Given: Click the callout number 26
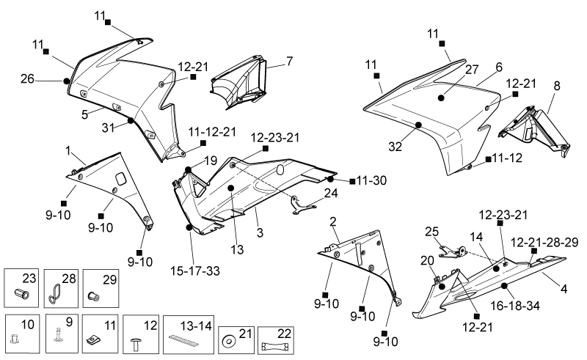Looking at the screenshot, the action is pos(27,79).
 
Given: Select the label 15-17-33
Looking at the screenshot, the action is pos(195,271).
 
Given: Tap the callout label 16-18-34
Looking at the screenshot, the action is pos(515,306).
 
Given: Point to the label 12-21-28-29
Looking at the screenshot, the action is pos(544,242).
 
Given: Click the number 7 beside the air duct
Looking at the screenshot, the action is pos(289,61).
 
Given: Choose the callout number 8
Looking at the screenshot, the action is pos(557,86).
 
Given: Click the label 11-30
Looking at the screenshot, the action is pos(371,180).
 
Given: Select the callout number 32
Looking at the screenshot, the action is pos(395,147).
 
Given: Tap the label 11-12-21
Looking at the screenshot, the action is pos(212,132).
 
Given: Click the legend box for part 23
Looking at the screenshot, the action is pos(21,287).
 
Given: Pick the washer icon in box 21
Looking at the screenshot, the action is pos(227,341).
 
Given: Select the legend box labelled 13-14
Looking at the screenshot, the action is pos(189,334).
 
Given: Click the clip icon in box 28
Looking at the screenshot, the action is pos(54,293).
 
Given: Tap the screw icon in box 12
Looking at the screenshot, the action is pos(136,344).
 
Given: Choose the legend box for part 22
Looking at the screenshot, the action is pos(276,340).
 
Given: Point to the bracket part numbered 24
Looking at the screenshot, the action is pos(304,205).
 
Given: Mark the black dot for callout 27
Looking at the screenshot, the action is pos(441,98).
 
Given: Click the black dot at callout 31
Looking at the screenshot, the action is pos(131,120).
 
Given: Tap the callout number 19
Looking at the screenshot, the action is pos(211,161).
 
